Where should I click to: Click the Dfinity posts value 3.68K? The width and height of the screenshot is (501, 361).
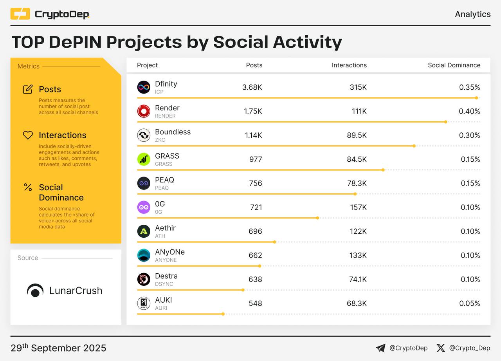point(252,87)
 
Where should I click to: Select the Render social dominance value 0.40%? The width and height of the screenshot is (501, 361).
point(469,111)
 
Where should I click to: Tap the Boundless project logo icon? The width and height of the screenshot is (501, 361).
point(144,135)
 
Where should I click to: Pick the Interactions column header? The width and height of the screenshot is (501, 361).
point(349,65)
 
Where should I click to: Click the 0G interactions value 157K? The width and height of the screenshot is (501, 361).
point(358,207)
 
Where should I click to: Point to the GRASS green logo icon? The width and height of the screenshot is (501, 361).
point(144,159)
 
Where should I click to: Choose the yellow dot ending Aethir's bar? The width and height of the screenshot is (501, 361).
point(274,242)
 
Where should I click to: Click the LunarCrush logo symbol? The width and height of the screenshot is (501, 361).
point(35,291)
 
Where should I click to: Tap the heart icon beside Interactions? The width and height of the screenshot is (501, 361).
point(28,135)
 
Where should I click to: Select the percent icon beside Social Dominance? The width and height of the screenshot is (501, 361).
point(28,187)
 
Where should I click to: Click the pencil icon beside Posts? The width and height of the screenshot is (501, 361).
point(28,89)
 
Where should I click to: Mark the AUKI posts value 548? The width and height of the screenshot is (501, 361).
point(255,303)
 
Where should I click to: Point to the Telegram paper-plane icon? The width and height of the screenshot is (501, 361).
point(380,348)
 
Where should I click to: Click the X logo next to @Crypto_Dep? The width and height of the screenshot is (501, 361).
point(441,348)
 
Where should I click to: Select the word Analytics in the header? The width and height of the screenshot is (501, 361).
point(472,14)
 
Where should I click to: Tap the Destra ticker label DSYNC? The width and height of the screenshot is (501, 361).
point(164,284)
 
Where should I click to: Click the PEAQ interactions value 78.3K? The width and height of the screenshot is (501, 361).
point(357,183)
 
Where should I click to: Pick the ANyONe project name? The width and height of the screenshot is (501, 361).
point(169,252)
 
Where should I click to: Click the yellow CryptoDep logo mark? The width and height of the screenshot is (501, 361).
point(20,14)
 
